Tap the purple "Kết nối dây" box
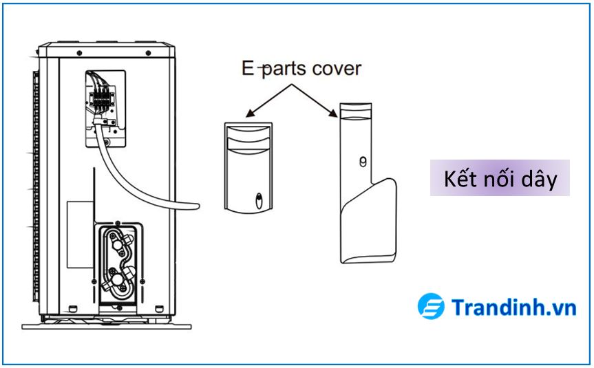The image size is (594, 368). [x=500, y=179]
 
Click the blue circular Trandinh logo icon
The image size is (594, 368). [x=431, y=307]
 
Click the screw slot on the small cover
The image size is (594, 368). [x=257, y=200]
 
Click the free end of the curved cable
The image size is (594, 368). [x=197, y=205]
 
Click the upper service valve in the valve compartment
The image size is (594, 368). [x=115, y=244]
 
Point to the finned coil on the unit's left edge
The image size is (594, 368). [x=32, y=186]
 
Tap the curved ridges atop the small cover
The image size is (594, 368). [x=247, y=138]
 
